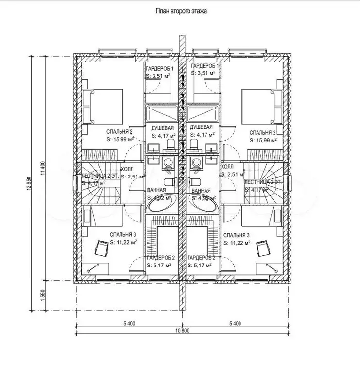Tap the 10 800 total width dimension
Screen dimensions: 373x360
click(x=182, y=330)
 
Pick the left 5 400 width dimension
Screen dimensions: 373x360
click(x=128, y=322)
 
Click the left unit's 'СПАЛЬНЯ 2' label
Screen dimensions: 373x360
click(x=120, y=132)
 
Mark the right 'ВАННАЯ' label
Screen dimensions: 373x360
click(x=201, y=191)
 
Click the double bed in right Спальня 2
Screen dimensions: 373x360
click(x=260, y=106)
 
